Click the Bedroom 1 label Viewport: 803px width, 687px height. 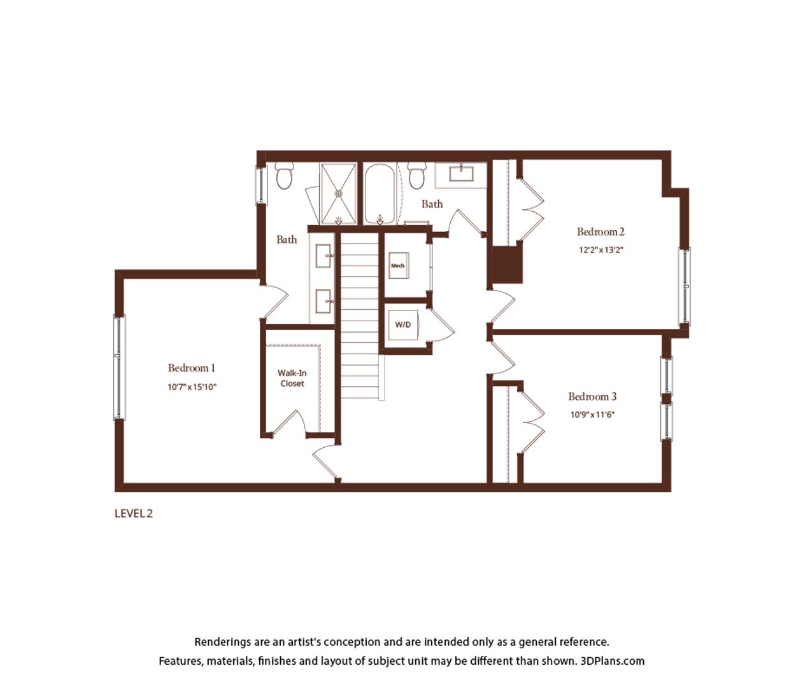192,368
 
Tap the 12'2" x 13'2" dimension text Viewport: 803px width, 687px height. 601,250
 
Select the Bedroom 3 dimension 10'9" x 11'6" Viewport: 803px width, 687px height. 592,415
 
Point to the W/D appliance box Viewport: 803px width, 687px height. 404,324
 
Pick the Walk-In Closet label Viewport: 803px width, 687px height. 292,378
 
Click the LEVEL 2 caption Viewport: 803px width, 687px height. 134,513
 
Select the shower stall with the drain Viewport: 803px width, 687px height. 338,193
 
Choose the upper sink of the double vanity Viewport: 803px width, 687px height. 324,256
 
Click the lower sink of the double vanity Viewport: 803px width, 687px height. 324,301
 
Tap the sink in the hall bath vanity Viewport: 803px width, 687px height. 461,174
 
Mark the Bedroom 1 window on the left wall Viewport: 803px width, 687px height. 119,367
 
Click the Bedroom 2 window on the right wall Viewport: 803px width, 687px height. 685,286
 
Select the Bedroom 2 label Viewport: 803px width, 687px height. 600,232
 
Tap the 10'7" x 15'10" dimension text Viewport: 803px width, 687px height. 192,387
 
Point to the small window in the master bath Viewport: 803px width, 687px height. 261,185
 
